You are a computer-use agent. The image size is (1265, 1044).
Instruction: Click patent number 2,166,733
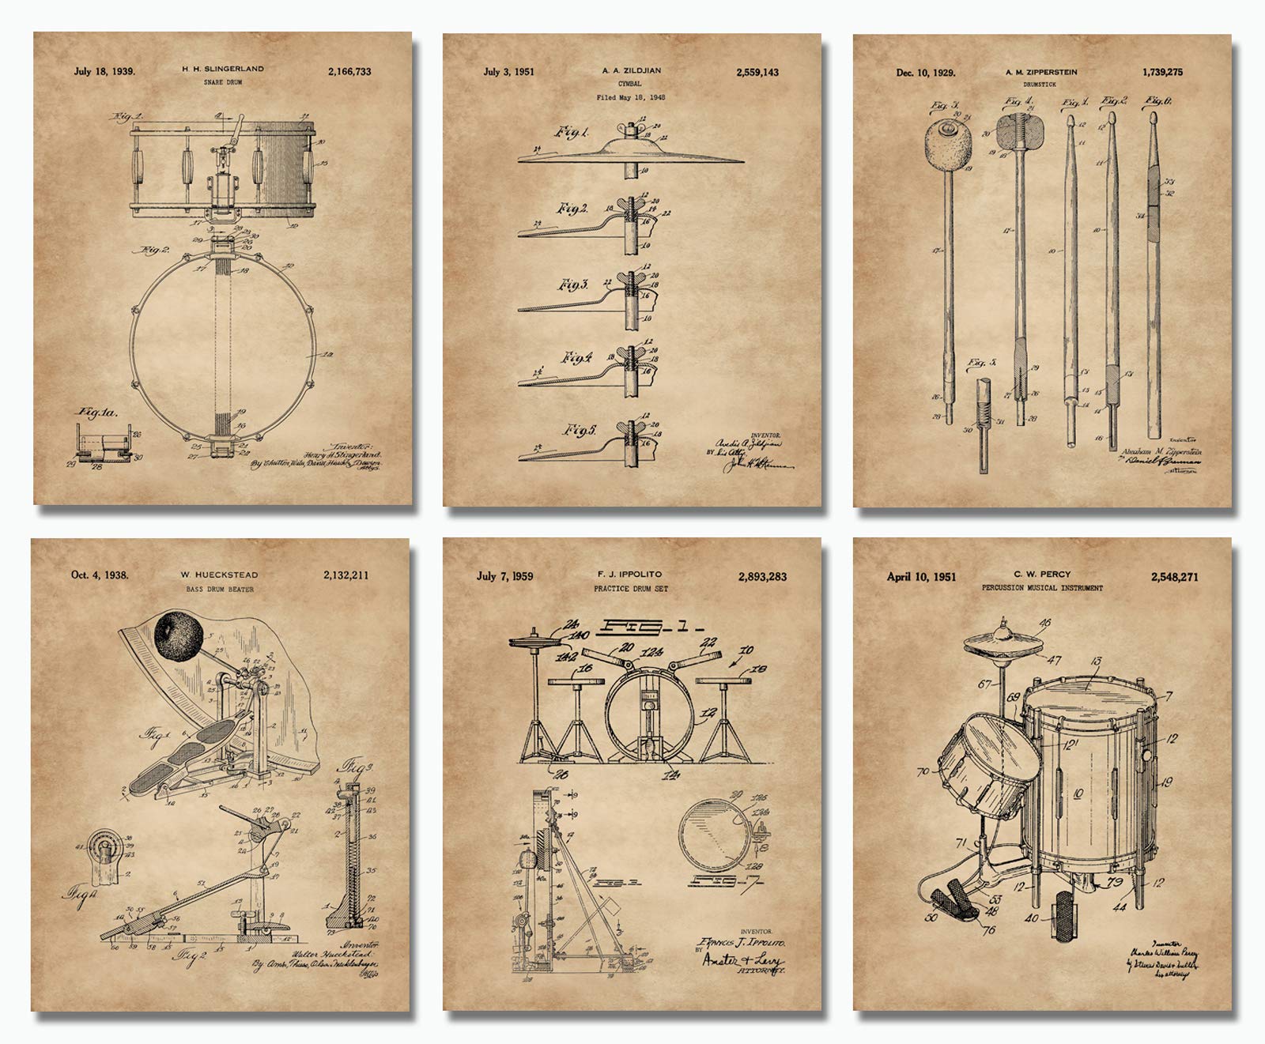coord(349,72)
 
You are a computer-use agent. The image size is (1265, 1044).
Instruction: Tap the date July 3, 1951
coord(508,72)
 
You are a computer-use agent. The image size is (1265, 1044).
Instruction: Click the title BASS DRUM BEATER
coord(221,589)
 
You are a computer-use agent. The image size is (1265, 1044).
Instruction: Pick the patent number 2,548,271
coord(1175,578)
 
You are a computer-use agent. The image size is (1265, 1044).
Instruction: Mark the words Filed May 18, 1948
coord(630,98)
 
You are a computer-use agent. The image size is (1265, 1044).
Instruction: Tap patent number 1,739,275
coord(1172,72)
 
